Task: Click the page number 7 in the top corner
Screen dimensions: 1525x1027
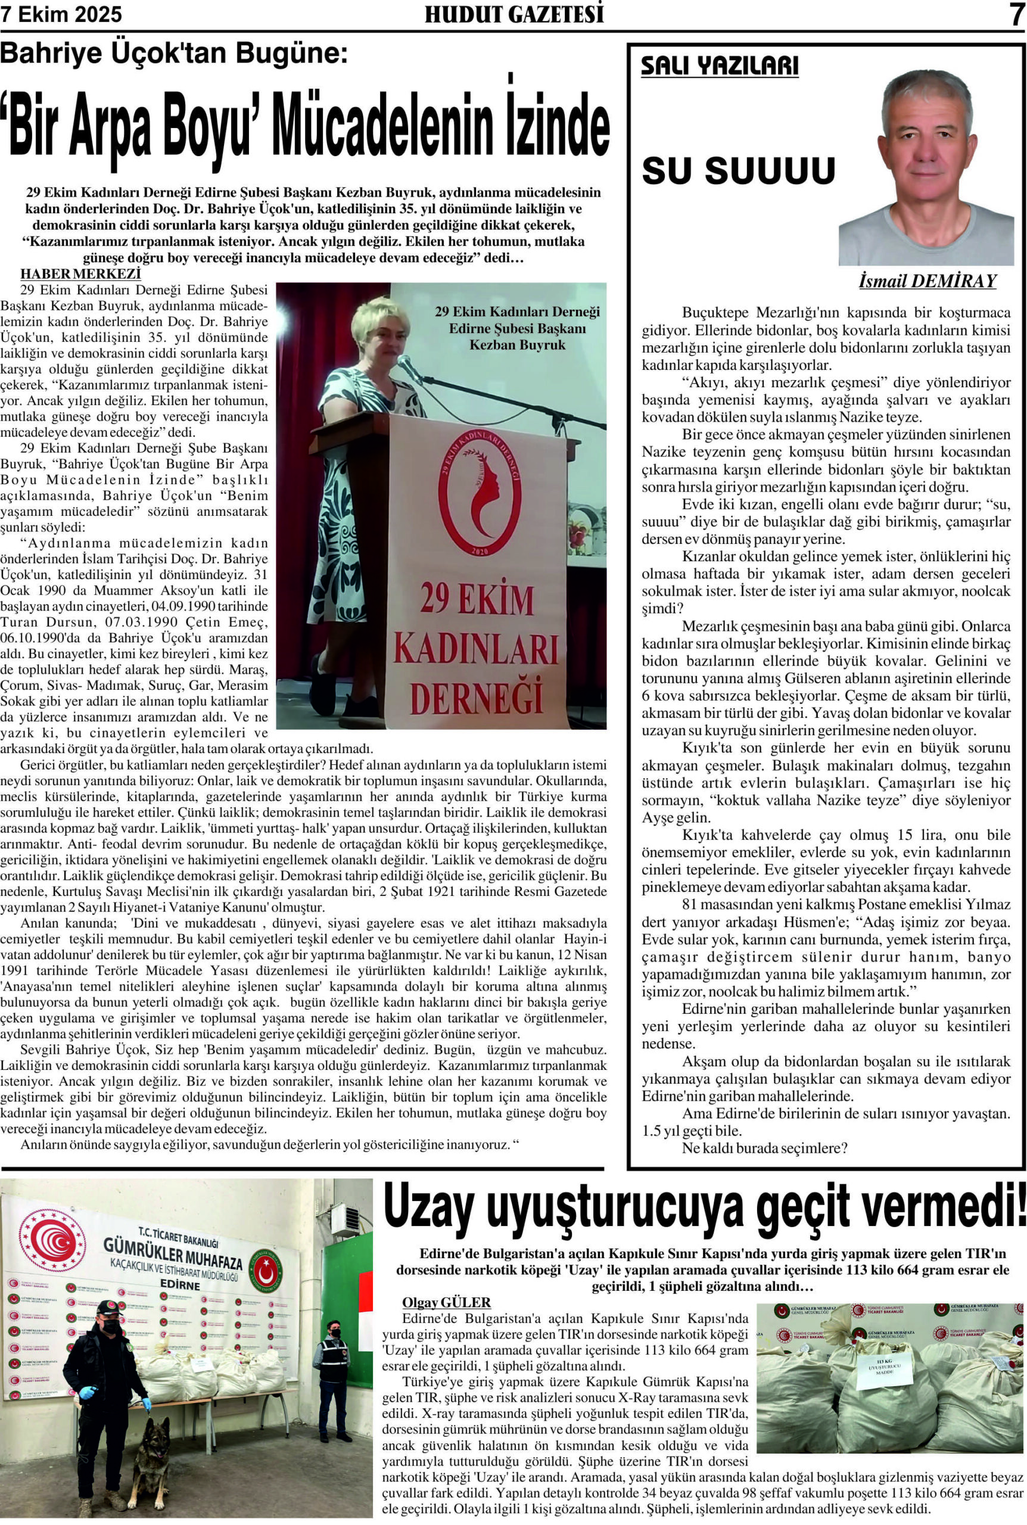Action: coord(1015,15)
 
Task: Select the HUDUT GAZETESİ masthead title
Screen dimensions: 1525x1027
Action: coord(513,15)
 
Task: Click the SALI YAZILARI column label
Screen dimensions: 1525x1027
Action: coord(719,67)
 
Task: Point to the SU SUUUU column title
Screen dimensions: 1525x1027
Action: coord(738,171)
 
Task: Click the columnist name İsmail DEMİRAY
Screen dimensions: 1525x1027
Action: coord(927,282)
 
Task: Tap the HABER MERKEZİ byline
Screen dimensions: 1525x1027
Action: coord(80,273)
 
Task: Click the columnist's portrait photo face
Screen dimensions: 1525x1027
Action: coord(926,138)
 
